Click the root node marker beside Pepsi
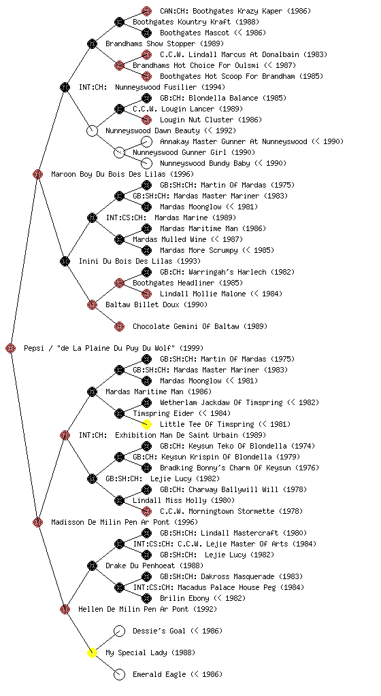tap(11, 348)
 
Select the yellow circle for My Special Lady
tap(92, 652)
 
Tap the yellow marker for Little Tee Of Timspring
tap(146, 424)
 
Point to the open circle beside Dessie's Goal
tap(120, 631)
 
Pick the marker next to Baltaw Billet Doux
tap(92, 304)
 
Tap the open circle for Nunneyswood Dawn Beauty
tap(92, 130)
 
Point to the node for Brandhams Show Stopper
tap(92, 43)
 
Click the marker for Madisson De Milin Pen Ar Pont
tap(37, 522)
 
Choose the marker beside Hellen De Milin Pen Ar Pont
tap(65, 609)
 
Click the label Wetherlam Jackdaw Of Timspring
tap(221, 402)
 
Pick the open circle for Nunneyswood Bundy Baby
tap(146, 163)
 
